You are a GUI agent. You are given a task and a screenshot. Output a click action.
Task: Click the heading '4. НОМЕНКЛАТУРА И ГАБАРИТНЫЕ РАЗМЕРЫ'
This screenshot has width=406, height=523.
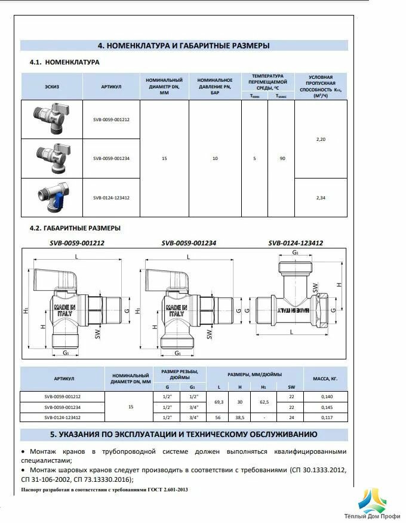click(184, 45)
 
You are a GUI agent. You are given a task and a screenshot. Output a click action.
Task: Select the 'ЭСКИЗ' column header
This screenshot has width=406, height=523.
click(51, 87)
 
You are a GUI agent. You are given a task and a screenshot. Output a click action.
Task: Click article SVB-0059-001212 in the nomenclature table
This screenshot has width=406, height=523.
click(111, 119)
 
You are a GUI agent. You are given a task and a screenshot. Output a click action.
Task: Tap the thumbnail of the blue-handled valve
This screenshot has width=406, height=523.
click(51, 197)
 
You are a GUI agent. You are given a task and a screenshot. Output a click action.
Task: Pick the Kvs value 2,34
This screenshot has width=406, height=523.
click(320, 198)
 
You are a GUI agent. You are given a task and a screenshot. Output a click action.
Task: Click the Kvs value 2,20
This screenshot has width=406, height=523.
click(320, 139)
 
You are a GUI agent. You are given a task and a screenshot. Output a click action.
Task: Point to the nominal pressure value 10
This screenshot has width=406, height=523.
click(215, 158)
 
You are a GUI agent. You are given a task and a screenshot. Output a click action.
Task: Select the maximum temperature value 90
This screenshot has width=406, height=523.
click(281, 158)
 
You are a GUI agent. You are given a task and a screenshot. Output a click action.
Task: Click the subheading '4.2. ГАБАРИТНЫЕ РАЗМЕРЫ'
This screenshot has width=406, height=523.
click(75, 228)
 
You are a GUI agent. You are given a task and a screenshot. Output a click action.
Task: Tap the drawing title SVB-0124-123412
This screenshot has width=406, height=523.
click(296, 243)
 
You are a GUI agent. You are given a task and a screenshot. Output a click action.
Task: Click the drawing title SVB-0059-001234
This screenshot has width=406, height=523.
click(189, 243)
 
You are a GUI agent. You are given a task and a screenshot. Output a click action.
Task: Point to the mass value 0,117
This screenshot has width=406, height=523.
click(326, 417)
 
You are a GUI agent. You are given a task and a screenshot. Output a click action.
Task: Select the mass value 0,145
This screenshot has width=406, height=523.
click(326, 407)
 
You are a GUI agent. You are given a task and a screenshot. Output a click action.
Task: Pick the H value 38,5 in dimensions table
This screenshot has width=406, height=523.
click(239, 417)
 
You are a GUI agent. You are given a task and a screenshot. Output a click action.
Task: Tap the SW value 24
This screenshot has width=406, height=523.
click(291, 417)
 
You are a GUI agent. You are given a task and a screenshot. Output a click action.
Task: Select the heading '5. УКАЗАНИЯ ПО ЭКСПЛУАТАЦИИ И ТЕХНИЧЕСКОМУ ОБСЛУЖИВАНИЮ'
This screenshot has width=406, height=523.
click(184, 434)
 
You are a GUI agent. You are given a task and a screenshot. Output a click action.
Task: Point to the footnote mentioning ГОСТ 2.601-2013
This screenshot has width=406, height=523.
click(104, 490)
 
